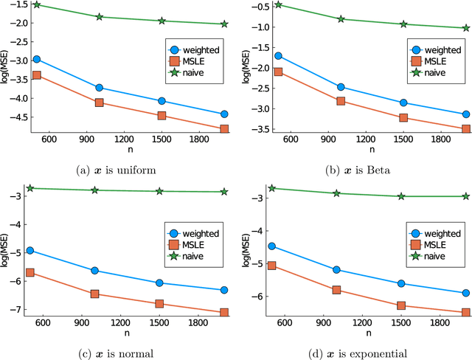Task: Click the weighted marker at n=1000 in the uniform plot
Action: point(100,88)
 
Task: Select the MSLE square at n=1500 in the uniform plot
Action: point(162,115)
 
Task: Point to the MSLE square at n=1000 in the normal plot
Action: point(94,294)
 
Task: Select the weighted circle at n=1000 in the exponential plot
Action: point(336,269)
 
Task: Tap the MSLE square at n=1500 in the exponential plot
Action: point(401,305)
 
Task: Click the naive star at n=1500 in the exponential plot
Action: point(401,195)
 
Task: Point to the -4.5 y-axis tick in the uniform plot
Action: point(15,117)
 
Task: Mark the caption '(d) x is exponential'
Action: point(355,353)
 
